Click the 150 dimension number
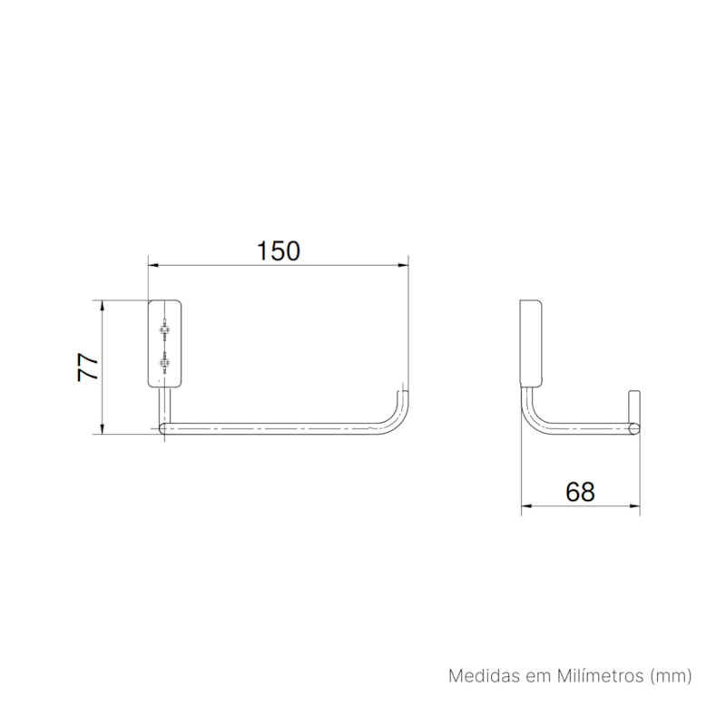(279, 251)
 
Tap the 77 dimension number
(88, 368)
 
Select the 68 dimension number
(580, 492)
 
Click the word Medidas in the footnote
(477, 676)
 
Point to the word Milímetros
(600, 676)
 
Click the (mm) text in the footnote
(671, 676)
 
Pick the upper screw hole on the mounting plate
(164, 329)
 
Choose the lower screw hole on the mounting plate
(164, 362)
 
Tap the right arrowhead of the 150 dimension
(403, 265)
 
